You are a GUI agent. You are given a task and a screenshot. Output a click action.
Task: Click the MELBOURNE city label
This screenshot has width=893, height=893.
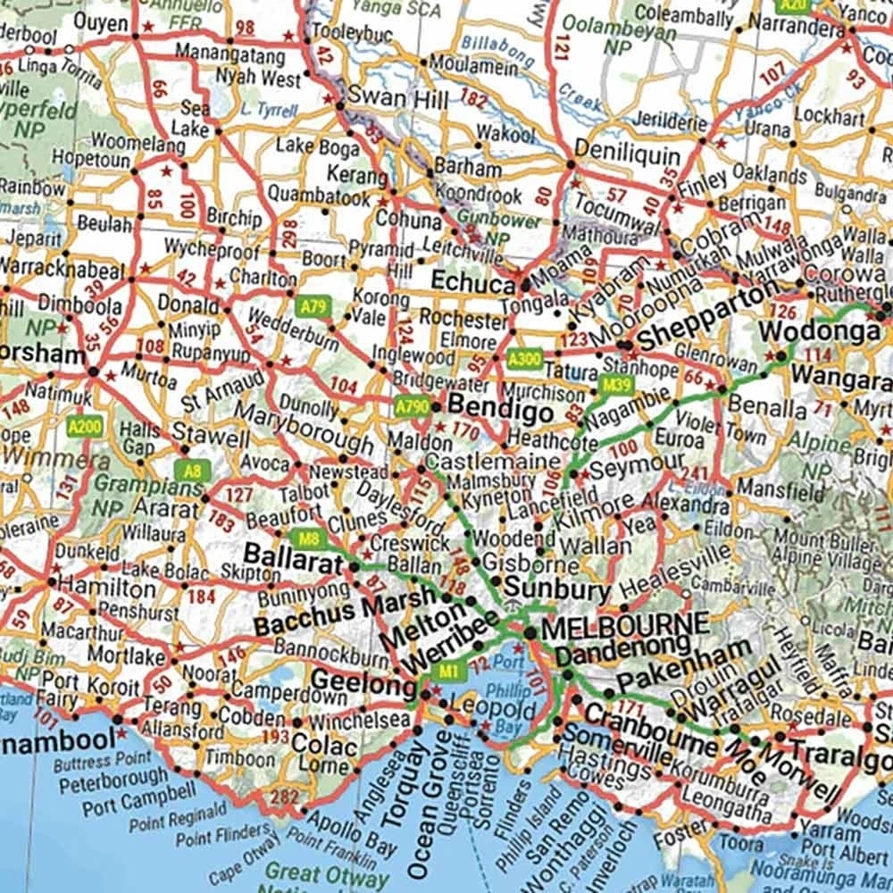click(x=625, y=625)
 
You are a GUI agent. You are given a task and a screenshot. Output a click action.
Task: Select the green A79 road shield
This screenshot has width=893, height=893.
click(x=313, y=306)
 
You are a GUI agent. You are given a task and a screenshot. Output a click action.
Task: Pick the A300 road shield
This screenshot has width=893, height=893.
click(x=523, y=360)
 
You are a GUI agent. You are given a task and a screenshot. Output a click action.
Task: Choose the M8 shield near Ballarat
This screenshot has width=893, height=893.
click(x=309, y=538)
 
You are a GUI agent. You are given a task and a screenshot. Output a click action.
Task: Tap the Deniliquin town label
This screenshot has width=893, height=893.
click(x=628, y=152)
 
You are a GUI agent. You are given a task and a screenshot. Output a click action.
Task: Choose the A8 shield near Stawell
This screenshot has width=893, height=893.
click(x=188, y=470)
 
